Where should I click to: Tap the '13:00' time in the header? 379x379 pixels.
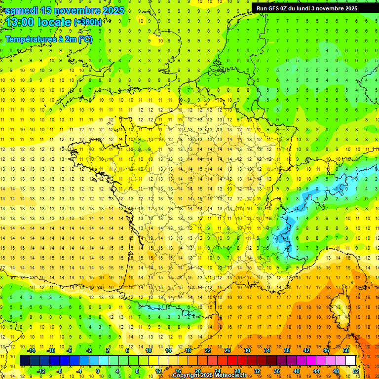pyautogui.click(x=20, y=22)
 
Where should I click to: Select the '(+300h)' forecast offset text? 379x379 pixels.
pyautogui.click(x=88, y=22)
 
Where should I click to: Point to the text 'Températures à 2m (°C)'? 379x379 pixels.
pyautogui.click(x=48, y=39)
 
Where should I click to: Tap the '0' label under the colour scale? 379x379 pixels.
pyautogui.click(x=98, y=371)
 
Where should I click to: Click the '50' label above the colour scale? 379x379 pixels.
pyautogui.click(x=345, y=350)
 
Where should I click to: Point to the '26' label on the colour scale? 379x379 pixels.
pyautogui.click(x=227, y=350)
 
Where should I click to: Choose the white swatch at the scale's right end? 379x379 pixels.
pyautogui.click(x=351, y=360)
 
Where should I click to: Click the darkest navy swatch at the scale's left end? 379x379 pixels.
pyautogui.click(x=25, y=360)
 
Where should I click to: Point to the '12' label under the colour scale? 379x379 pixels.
pyautogui.click(x=158, y=371)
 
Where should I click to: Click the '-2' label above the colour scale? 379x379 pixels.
pyautogui.click(x=89, y=350)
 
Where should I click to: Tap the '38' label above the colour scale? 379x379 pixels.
pyautogui.click(x=286, y=350)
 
